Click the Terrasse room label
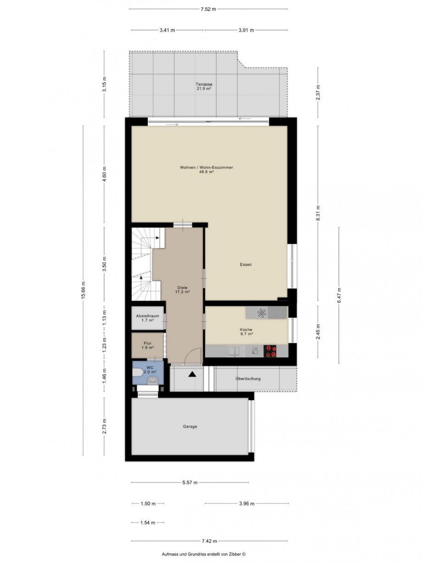coord(204,84)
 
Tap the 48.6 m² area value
coord(206,172)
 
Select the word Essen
coord(245,264)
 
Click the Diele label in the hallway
coord(182,287)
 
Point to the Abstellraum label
coord(147,316)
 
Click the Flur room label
coord(147,343)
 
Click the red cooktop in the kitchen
coord(270,351)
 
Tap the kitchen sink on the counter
coord(233,351)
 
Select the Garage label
coord(190,427)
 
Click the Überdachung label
coord(248,379)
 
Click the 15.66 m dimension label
coord(83,290)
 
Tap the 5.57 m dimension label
coord(190,482)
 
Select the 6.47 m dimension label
coord(339,295)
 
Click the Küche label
coord(246,329)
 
